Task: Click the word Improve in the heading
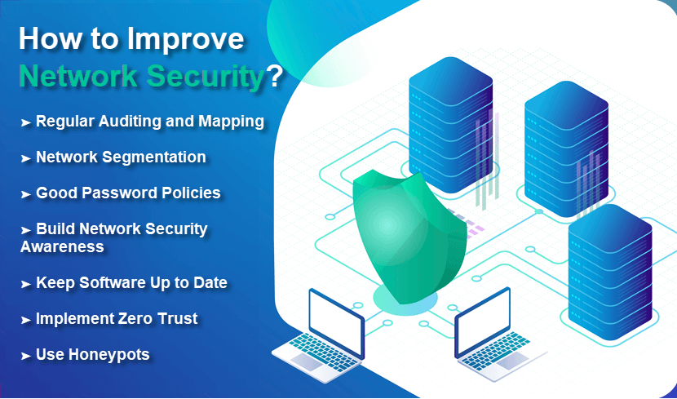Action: tap(185, 40)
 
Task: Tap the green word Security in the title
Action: tap(205, 77)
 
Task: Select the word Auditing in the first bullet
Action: tap(129, 122)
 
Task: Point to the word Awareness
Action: tap(62, 247)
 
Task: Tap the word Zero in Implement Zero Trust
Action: tap(134, 319)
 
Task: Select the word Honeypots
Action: tap(109, 355)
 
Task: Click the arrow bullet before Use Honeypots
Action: tap(26, 357)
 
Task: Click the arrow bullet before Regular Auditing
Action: tap(26, 123)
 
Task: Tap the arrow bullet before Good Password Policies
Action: tap(26, 195)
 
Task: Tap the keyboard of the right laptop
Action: tap(496, 349)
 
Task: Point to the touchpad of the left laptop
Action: tap(307, 361)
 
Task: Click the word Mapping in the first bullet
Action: tap(231, 122)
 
